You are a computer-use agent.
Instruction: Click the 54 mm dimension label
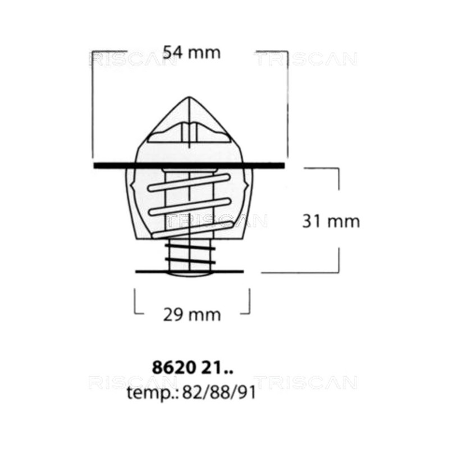click(192, 53)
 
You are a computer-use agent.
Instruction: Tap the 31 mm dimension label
click(331, 221)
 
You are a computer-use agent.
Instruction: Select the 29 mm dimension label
click(192, 315)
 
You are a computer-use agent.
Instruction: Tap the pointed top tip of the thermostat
click(189, 97)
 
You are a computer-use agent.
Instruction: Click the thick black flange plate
click(189, 165)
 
